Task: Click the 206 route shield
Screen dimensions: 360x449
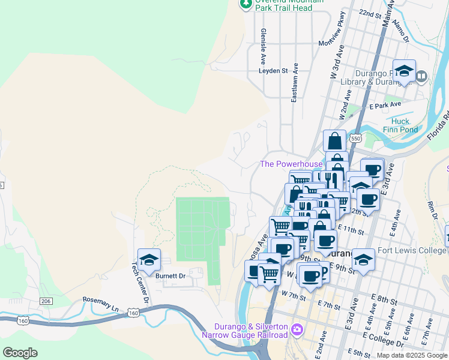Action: tap(47, 301)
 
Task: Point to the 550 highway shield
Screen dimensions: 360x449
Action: tap(357, 139)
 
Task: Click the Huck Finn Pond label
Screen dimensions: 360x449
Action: tap(396, 125)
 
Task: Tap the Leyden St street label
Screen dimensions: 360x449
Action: tap(273, 70)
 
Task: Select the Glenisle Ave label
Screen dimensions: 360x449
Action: tap(263, 46)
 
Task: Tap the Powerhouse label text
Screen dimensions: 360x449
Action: tap(291, 164)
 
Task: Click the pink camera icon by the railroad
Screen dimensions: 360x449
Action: tap(297, 329)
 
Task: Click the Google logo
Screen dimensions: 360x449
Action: tap(20, 352)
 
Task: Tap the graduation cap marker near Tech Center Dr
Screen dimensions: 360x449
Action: tap(149, 260)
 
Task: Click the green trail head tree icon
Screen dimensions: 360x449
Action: tap(246, 4)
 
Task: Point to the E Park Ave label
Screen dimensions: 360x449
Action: tap(385, 105)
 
